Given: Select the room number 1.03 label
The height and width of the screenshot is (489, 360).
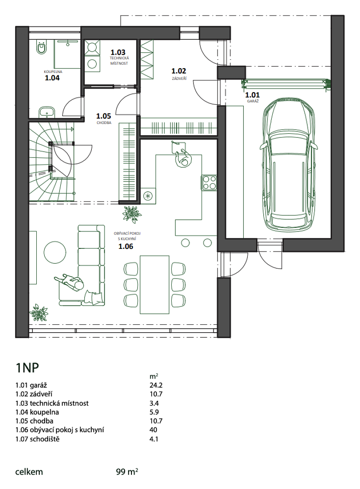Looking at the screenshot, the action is pyautogui.click(x=118, y=52).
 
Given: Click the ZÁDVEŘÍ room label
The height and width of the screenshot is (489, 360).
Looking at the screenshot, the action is pyautogui.click(x=179, y=78).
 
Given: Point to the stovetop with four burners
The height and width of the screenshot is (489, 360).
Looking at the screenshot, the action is pyautogui.click(x=209, y=183).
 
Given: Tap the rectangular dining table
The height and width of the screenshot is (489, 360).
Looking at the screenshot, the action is pyautogui.click(x=154, y=284).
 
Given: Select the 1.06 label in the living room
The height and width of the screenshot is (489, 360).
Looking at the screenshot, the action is pyautogui.click(x=126, y=247).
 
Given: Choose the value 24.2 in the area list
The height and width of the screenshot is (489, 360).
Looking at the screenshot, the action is pyautogui.click(x=156, y=385).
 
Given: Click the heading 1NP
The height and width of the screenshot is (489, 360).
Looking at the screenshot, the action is pyautogui.click(x=27, y=368).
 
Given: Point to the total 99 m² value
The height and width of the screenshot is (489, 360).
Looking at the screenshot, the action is pyautogui.click(x=127, y=472).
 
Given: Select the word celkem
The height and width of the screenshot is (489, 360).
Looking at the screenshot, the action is pyautogui.click(x=29, y=472).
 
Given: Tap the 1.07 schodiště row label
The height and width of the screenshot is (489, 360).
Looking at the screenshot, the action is pyautogui.click(x=38, y=439).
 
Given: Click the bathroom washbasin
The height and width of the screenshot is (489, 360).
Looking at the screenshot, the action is pyautogui.click(x=47, y=112).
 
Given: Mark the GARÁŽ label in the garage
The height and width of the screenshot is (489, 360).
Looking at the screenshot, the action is pyautogui.click(x=253, y=101).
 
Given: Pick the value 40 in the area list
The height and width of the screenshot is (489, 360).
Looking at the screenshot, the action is pyautogui.click(x=153, y=430).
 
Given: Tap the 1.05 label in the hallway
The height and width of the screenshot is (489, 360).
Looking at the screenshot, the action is pyautogui.click(x=104, y=116).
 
